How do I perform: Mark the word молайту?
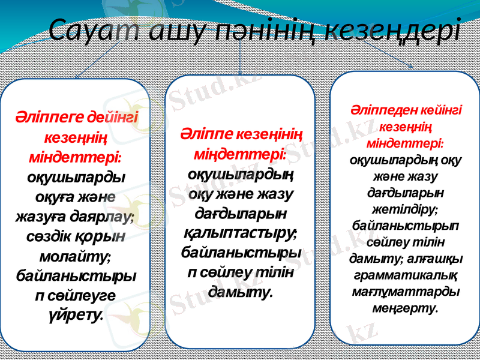(x=74, y=256)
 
